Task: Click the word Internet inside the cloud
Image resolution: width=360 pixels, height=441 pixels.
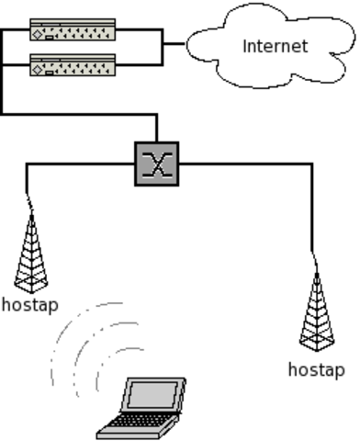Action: pyautogui.click(x=275, y=46)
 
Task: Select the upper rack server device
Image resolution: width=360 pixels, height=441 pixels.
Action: pyautogui.click(x=73, y=29)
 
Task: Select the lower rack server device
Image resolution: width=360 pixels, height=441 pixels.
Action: pyautogui.click(x=73, y=65)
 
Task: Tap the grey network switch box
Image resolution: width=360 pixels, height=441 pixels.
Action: pyautogui.click(x=156, y=164)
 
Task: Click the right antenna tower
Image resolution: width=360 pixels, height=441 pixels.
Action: pyautogui.click(x=317, y=312)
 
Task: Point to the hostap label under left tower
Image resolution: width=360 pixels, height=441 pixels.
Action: pyautogui.click(x=29, y=303)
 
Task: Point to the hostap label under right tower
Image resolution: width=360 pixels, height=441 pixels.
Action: pyautogui.click(x=316, y=369)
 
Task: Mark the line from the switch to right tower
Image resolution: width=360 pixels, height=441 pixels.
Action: pyautogui.click(x=248, y=164)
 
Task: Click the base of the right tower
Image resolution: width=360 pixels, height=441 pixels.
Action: pyautogui.click(x=317, y=347)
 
